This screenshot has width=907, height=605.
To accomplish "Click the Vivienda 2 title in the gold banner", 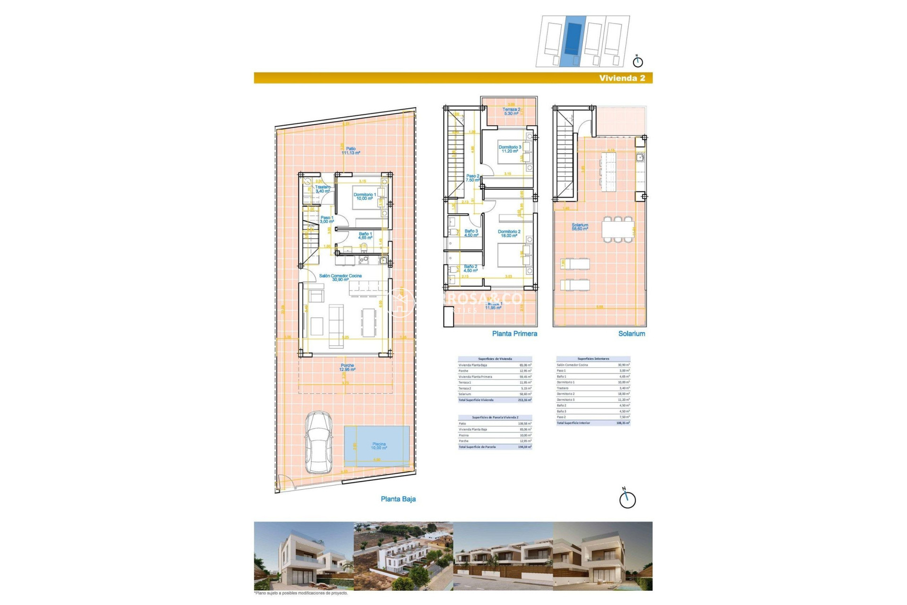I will (x=622, y=78).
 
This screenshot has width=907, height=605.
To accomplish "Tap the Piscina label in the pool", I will (x=379, y=446).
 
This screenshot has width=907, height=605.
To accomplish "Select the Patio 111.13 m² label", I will (x=351, y=151).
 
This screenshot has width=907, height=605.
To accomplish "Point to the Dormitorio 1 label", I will (x=365, y=196).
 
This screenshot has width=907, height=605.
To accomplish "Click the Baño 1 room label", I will (x=365, y=235).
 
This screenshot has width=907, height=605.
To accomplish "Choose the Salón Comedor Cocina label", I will (x=340, y=277).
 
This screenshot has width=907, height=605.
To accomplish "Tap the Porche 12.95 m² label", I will (x=347, y=367).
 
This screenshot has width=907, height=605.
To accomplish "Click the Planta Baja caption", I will (x=398, y=499).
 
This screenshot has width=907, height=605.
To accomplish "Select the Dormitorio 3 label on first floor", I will (x=510, y=149).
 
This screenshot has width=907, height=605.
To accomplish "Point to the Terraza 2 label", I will (x=511, y=111).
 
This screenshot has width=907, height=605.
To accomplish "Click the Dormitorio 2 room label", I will (x=509, y=233).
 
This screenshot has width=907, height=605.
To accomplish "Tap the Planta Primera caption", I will (x=514, y=333).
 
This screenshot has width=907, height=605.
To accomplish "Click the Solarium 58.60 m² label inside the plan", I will (x=580, y=227).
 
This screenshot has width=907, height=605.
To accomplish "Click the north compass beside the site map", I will (x=638, y=61).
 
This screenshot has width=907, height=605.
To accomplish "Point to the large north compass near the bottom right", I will (x=627, y=499).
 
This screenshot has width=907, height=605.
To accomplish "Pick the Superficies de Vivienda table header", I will (x=495, y=359).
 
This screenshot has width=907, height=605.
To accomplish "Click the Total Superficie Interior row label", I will (x=573, y=423).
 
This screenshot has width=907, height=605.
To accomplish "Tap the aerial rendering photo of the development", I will (x=403, y=556).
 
